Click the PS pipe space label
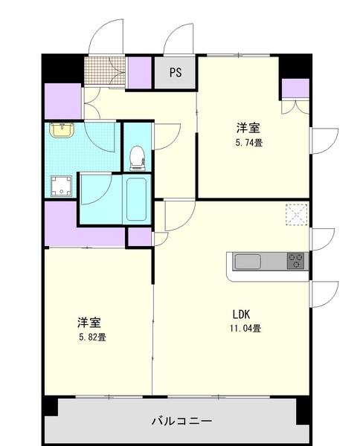tap(176, 72)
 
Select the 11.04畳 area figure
tap(245, 328)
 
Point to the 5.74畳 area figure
tap(250, 143)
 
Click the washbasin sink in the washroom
tap(61, 131)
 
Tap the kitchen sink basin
tap(248, 262)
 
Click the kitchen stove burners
tap(295, 262)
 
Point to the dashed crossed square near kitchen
tap(297, 216)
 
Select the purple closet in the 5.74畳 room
tap(295, 88)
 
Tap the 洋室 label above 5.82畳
tap(89, 323)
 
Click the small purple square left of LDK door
tap(138, 237)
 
